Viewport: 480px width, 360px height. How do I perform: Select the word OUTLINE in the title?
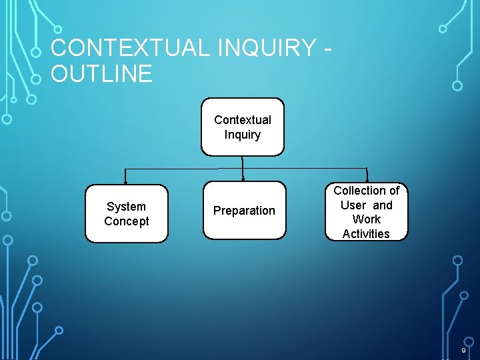click(101, 73)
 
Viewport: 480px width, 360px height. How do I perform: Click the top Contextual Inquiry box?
click(243, 127)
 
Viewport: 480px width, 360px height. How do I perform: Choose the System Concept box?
click(127, 213)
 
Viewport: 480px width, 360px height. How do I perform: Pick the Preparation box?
click(244, 211)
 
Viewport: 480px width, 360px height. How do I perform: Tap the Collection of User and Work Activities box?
click(366, 212)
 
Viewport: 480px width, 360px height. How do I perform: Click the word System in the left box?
click(126, 207)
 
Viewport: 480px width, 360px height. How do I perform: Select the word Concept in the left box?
click(127, 221)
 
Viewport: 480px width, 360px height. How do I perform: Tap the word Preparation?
click(244, 211)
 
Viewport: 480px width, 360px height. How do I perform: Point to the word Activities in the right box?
click(366, 233)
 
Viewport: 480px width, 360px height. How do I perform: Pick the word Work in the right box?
click(366, 219)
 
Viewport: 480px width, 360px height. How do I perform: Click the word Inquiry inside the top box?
click(243, 135)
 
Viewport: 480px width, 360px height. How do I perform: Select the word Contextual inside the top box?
click(243, 120)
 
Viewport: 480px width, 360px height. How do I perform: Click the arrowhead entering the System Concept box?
click(126, 182)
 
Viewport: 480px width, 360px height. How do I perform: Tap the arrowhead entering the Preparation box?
click(244, 179)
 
